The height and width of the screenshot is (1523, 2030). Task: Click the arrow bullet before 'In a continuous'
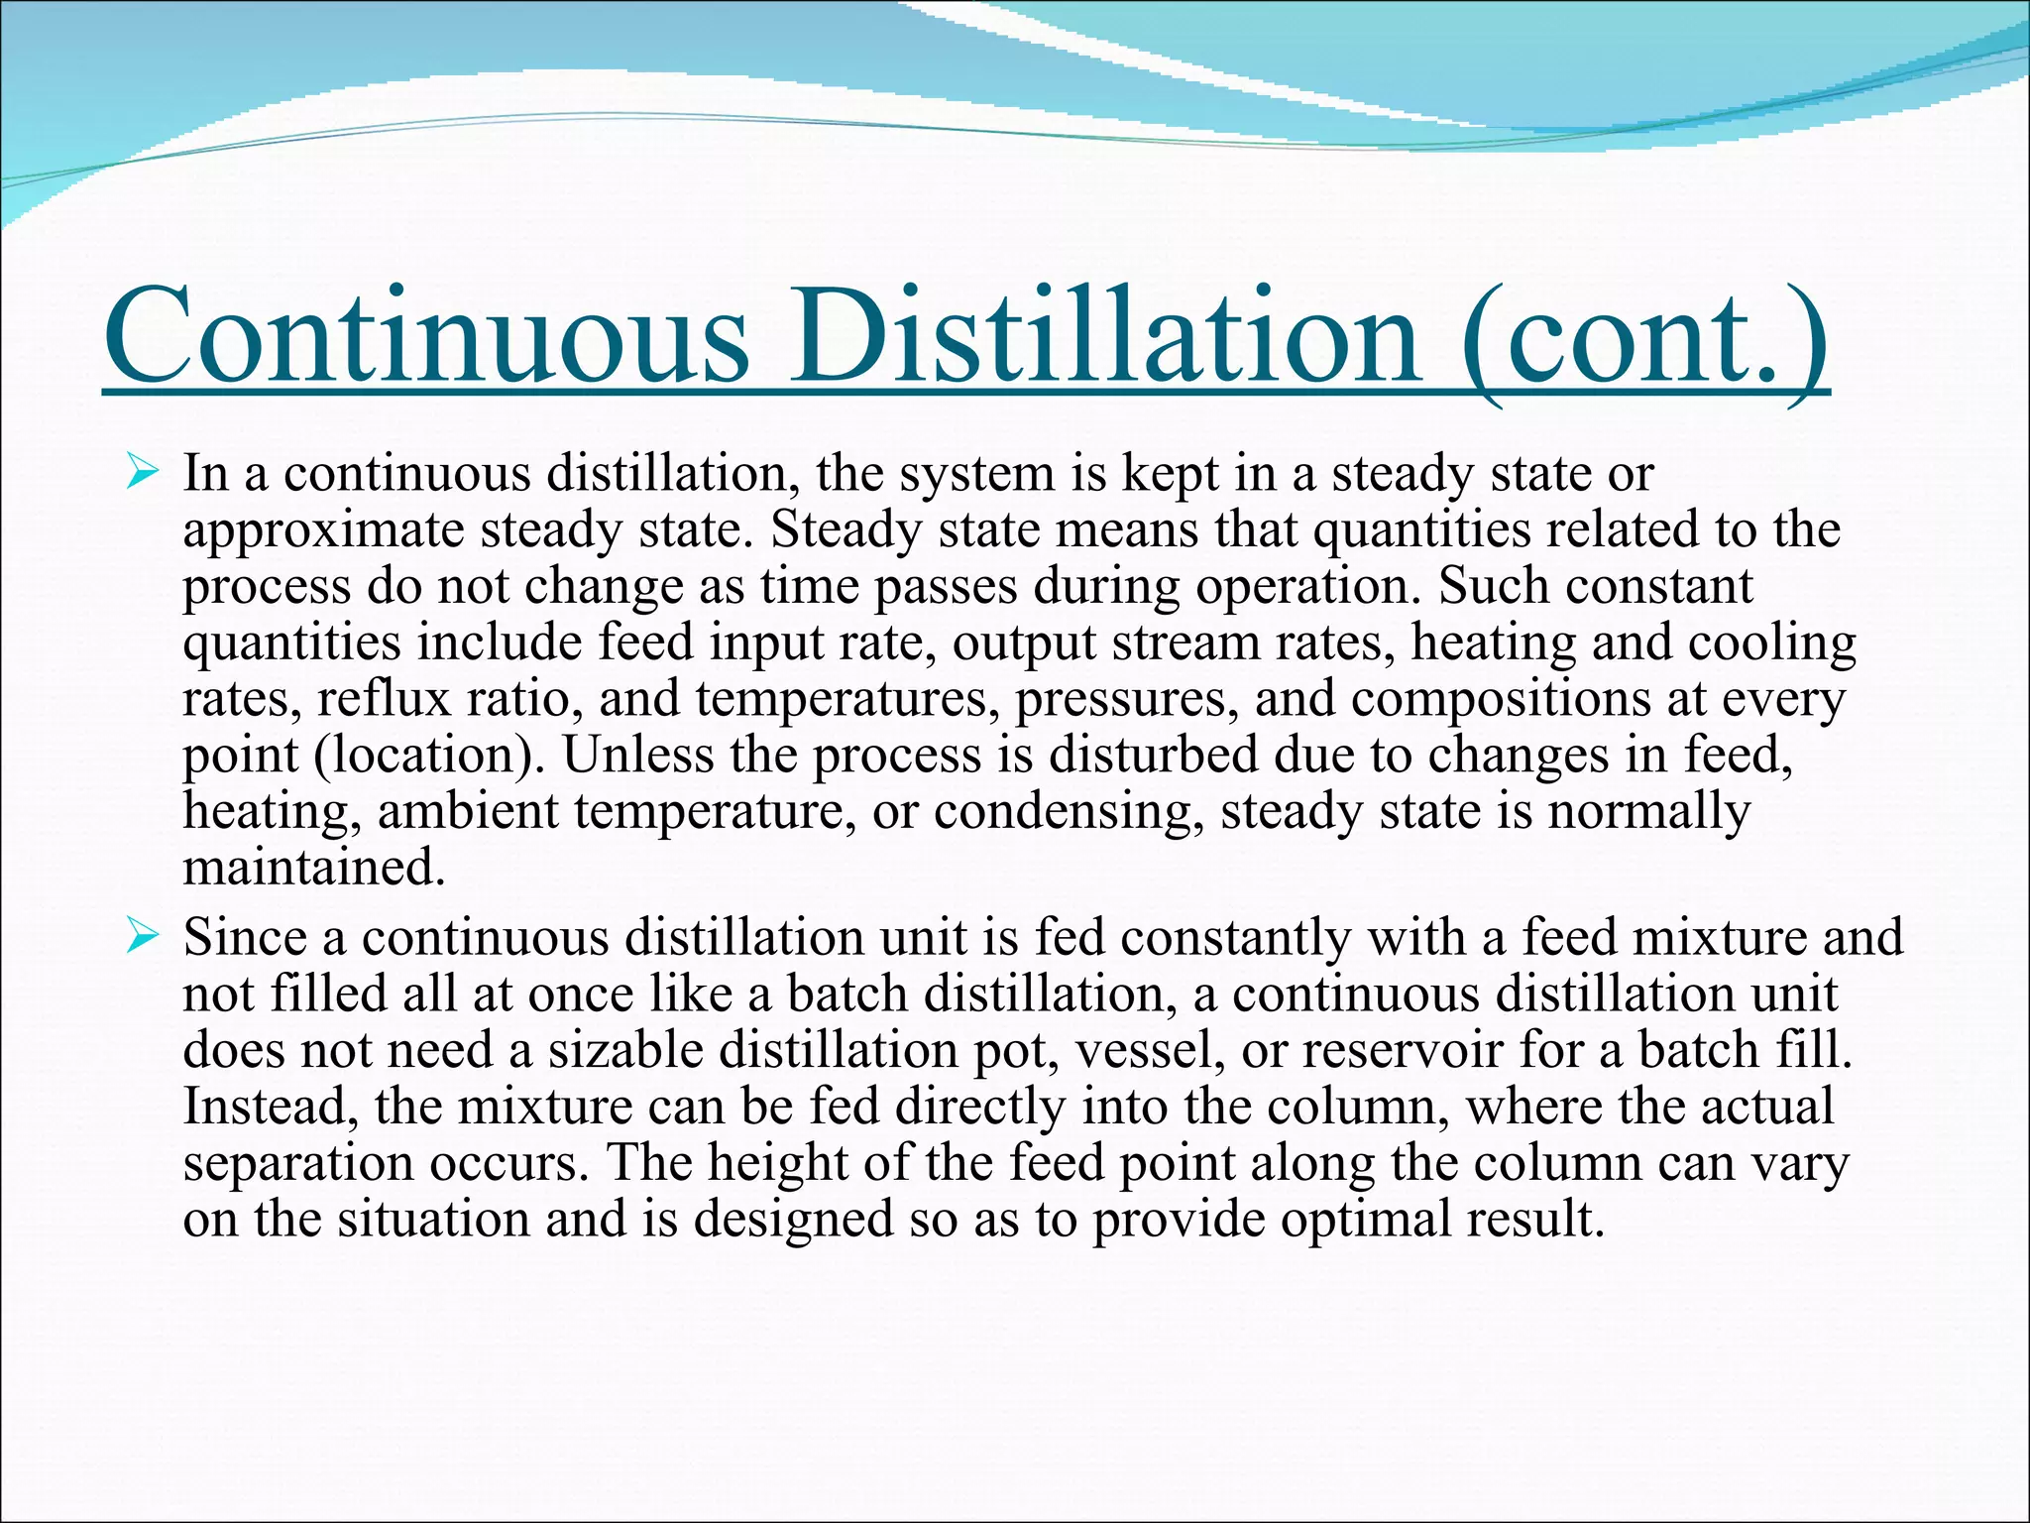click(142, 472)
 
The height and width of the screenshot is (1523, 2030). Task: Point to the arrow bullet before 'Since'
click(142, 936)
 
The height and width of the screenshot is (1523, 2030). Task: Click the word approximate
click(323, 531)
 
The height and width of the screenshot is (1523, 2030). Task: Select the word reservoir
click(1403, 1049)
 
